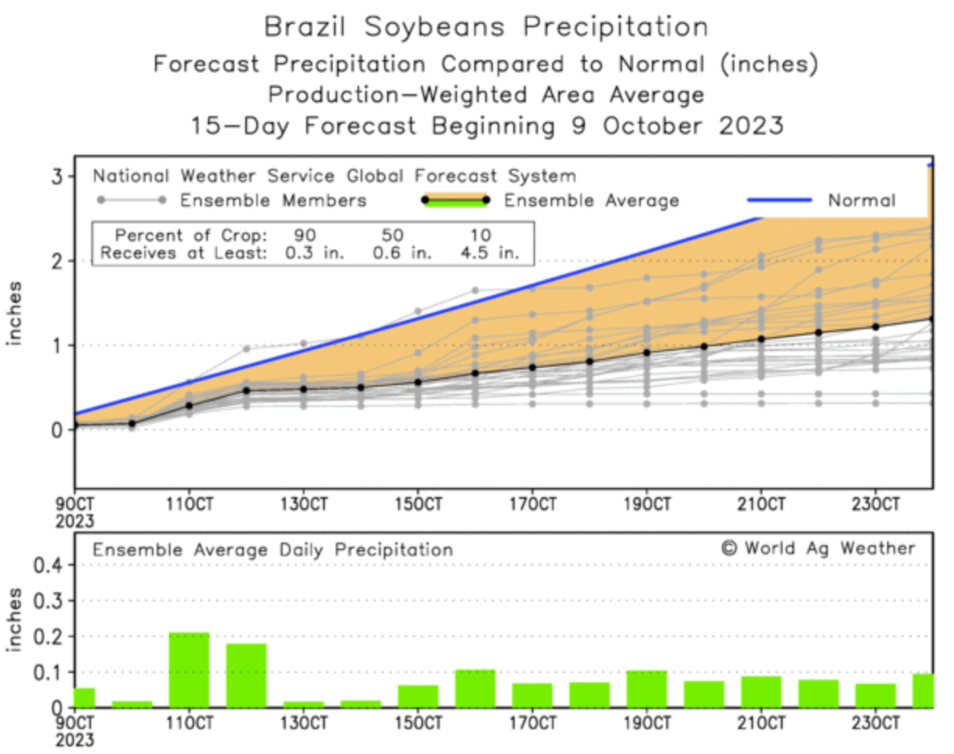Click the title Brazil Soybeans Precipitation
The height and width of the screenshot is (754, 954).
[487, 27]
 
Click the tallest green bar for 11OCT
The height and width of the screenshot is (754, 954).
[189, 670]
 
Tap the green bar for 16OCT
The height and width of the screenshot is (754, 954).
[475, 689]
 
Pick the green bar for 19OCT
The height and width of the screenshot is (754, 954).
[646, 689]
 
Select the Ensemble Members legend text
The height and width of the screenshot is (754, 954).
[273, 201]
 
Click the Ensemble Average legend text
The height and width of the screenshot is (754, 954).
[591, 201]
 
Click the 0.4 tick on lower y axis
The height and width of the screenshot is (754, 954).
[48, 565]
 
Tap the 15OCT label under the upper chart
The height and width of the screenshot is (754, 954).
[417, 503]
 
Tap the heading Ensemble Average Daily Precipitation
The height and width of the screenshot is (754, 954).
[273, 550]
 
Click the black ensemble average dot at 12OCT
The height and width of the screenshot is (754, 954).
[246, 390]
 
